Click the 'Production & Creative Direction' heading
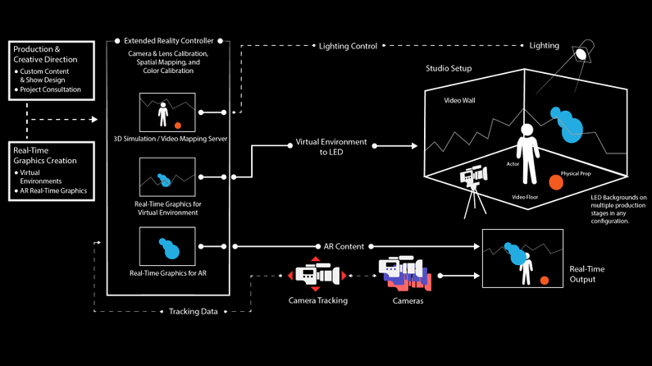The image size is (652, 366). point(47,54)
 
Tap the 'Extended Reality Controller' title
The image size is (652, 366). point(170,39)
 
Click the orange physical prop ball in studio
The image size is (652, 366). point(556,181)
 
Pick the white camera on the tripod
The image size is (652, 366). point(473,178)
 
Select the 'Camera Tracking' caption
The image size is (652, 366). point(317,300)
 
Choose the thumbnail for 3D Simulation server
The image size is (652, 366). point(167,112)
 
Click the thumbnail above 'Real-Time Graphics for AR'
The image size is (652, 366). point(167,245)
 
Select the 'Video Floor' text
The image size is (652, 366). point(524,198)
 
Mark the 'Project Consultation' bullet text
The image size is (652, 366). point(50,89)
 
